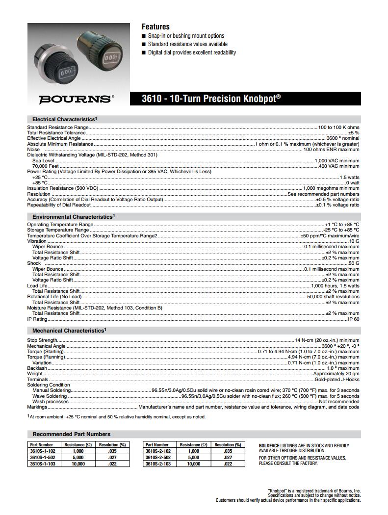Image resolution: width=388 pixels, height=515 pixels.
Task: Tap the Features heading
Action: click(155, 26)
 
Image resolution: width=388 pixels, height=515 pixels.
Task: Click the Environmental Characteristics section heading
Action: click(73, 216)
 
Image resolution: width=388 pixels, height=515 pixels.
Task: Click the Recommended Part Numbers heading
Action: click(72, 434)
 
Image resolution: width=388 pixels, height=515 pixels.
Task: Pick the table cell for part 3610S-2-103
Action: click(158, 463)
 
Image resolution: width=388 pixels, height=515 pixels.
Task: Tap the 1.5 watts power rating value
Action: click(349, 177)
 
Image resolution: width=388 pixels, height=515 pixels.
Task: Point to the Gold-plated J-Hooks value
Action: click(337, 380)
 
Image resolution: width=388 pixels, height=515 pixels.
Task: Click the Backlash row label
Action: click(37, 368)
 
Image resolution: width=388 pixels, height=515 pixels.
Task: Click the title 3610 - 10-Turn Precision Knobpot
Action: click(211, 99)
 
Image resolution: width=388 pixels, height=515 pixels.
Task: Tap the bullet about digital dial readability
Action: click(192, 52)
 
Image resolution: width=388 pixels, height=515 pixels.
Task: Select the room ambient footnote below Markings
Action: click(116, 417)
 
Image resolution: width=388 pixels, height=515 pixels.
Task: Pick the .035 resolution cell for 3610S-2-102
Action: click(228, 451)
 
